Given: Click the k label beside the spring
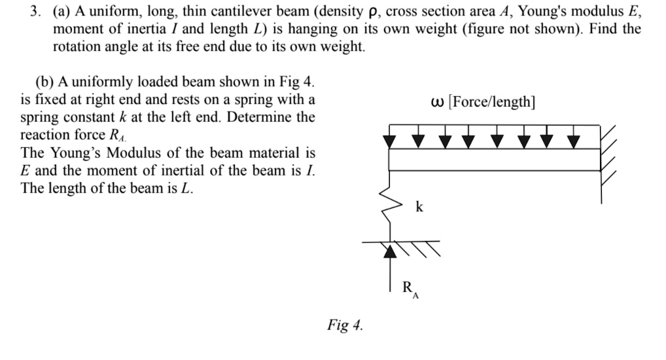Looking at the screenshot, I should coord(419,207).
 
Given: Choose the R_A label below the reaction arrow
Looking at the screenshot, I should coord(410,289).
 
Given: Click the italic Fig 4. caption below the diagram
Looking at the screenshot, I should coord(345,325).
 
